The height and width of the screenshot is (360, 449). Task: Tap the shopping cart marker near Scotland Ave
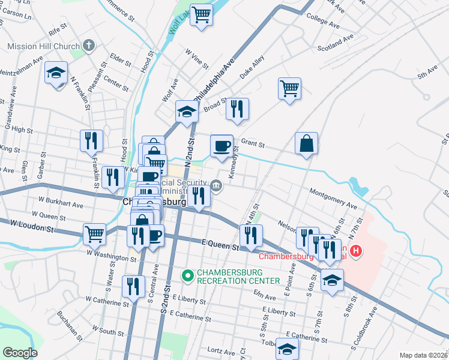coord(289,89)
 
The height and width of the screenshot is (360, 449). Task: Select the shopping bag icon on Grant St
coord(306,144)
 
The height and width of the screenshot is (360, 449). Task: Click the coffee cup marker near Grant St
coord(221,146)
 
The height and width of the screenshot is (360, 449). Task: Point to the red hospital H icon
coord(357,251)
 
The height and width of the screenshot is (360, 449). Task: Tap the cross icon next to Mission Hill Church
coord(89,46)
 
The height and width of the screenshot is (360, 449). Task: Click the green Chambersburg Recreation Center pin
coord(187,276)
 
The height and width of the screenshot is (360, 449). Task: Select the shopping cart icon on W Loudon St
coord(95,234)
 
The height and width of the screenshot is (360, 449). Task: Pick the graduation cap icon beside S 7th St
coord(332,280)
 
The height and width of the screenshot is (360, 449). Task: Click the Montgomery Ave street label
coord(333,199)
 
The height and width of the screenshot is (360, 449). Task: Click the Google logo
coord(20,353)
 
